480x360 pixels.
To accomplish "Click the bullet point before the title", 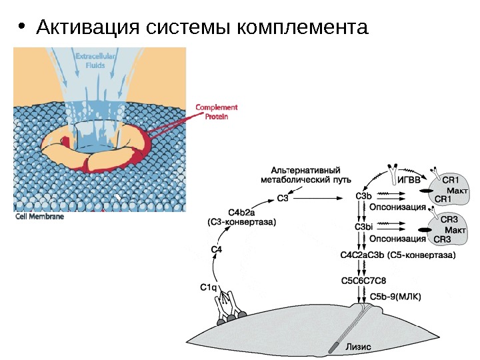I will coord(22,28).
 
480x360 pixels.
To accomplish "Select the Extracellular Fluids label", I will coord(96,61).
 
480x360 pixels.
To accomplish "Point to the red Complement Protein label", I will coord(216,111).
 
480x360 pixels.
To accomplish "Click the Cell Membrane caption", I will coord(39,217).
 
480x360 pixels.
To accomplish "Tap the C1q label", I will coord(209,287).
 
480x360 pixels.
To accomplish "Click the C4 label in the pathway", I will coord(217,249).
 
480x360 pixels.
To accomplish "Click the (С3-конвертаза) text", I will coord(241,221).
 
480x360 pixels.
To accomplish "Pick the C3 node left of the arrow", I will coord(283,197).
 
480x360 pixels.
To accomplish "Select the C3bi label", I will coord(363,227).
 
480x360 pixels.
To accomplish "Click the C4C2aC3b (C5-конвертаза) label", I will coord(397,255).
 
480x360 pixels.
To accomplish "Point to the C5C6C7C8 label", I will coord(363,280).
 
